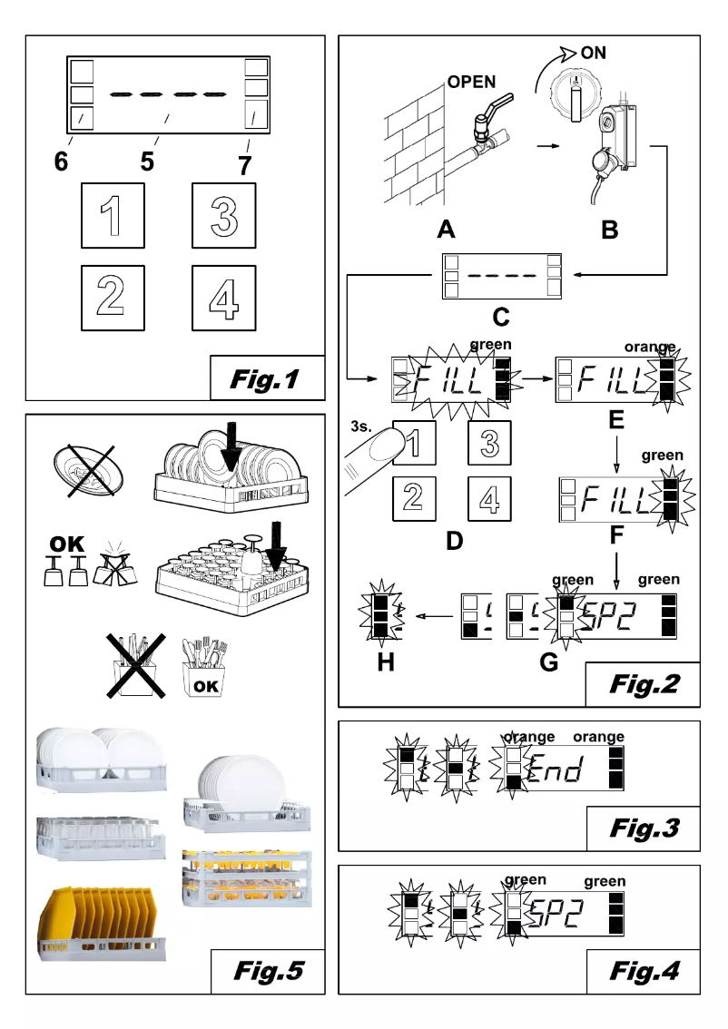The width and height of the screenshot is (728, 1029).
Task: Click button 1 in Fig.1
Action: pyautogui.click(x=113, y=215)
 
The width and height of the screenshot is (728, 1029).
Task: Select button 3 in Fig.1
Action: pyautogui.click(x=223, y=215)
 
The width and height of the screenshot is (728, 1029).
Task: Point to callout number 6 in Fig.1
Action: pyautogui.click(x=60, y=162)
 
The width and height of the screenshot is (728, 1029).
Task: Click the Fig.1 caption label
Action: pyautogui.click(x=265, y=377)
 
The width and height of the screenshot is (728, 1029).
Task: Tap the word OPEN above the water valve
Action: pyautogui.click(x=471, y=83)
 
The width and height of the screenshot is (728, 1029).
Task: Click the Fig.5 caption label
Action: pyautogui.click(x=265, y=972)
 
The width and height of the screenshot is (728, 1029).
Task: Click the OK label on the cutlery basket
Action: pyautogui.click(x=205, y=686)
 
